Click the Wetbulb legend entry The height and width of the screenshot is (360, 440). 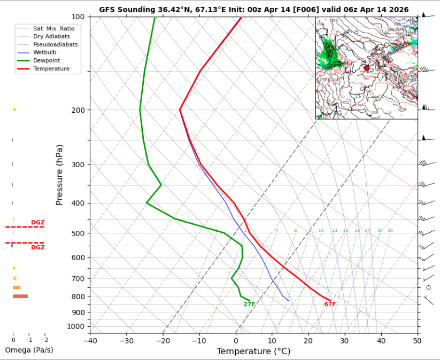coord(44,52)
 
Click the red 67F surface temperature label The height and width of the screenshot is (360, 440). coord(330,304)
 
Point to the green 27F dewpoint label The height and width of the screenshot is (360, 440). coord(249,304)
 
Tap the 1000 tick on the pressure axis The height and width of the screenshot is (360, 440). coord(75,326)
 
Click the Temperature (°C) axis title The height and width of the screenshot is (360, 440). coord(253,351)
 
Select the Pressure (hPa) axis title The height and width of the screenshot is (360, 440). coord(59,175)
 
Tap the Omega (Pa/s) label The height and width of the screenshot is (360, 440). coord(29,350)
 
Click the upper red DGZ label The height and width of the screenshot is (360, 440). coord(37,222)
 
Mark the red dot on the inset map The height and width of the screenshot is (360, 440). coord(367,68)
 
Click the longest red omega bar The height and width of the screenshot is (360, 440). coord(20,296)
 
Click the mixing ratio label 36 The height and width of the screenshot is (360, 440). coord(390,231)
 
